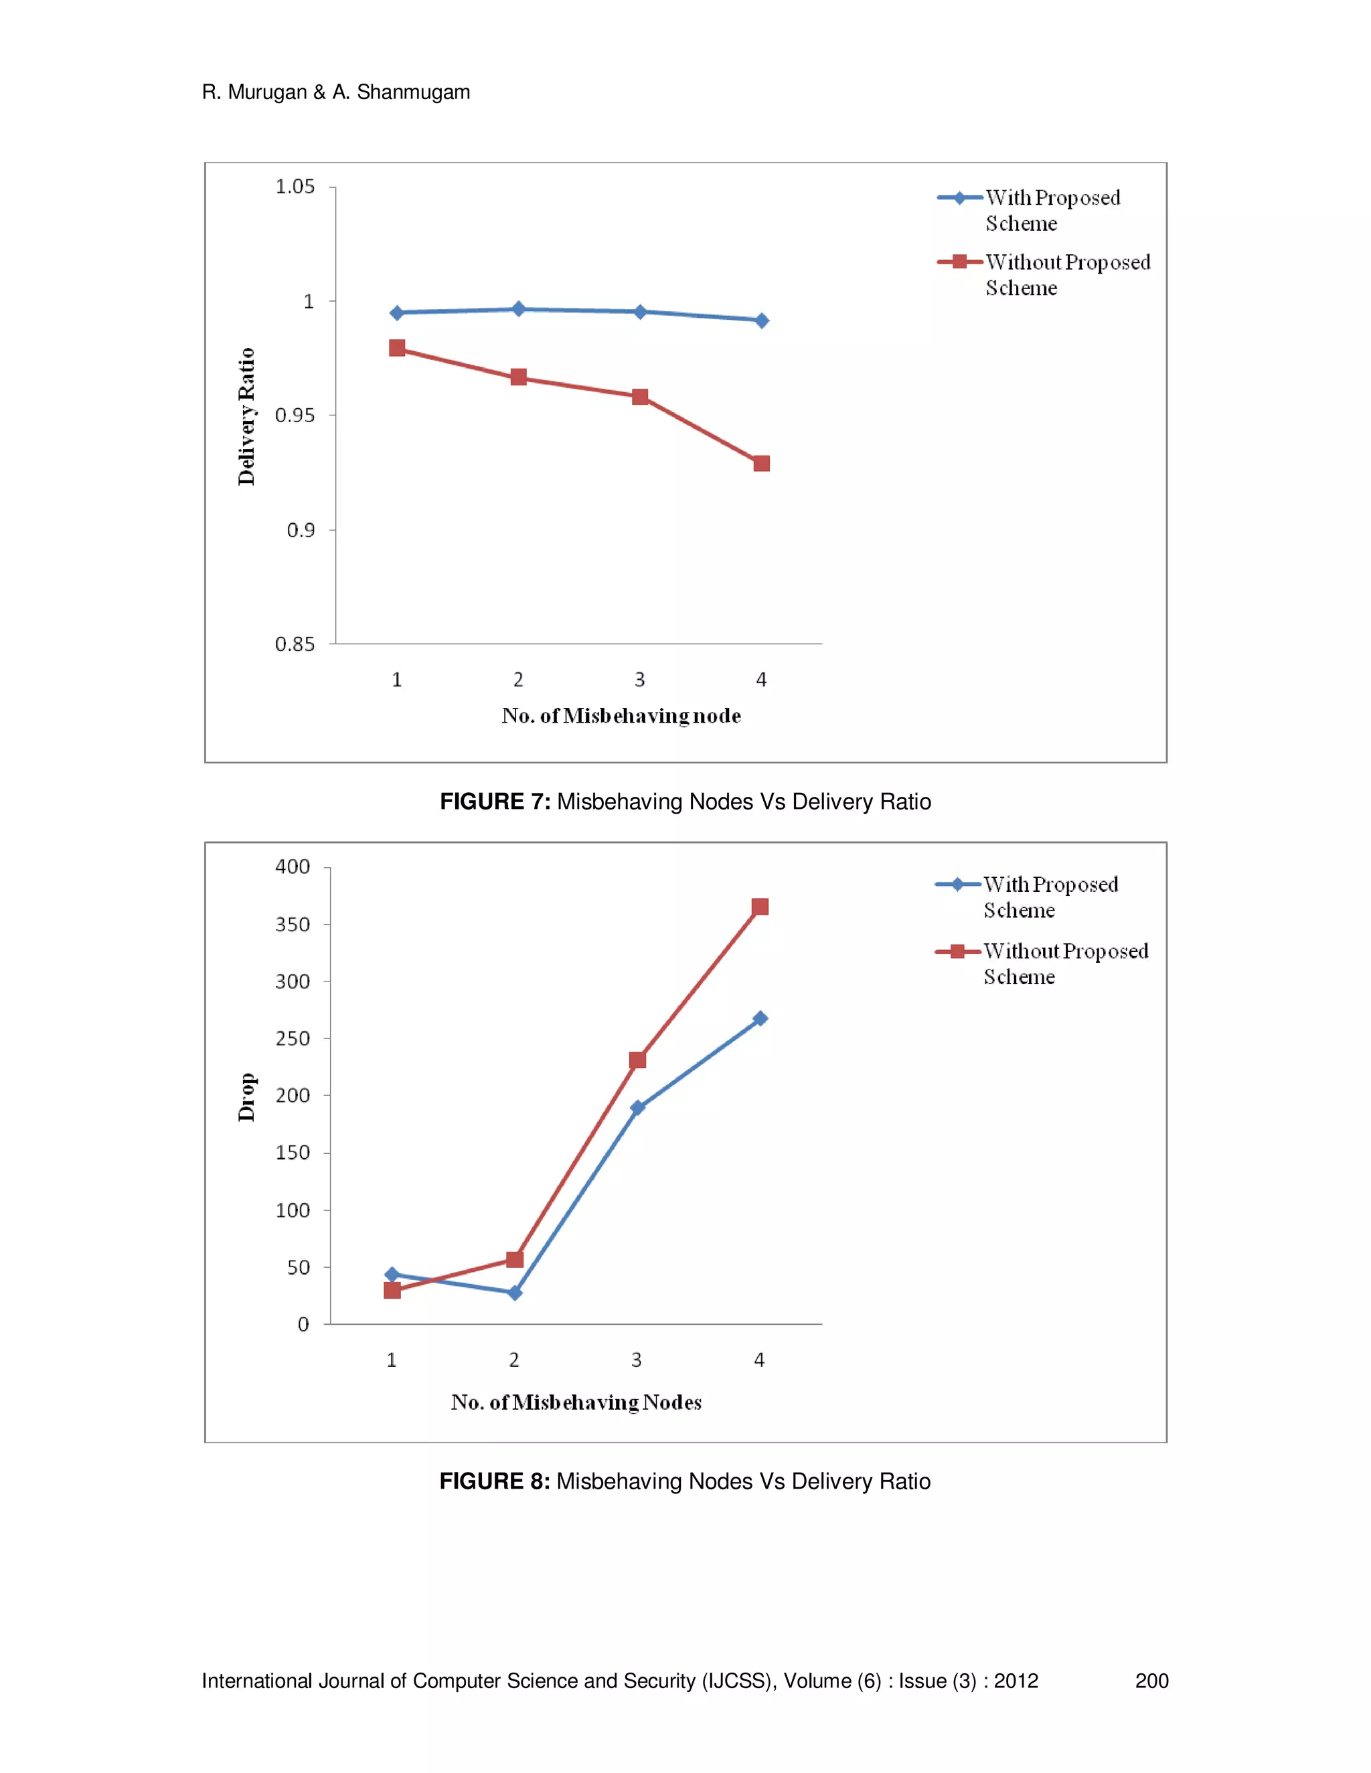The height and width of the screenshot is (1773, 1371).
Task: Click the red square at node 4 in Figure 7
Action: pos(761,464)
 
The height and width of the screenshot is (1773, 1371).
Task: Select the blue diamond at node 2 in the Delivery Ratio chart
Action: pos(518,308)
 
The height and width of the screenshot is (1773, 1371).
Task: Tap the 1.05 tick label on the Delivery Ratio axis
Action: pos(295,187)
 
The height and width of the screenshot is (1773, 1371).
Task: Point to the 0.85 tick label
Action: pos(295,644)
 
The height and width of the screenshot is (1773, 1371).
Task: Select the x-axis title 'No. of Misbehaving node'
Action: pos(621,716)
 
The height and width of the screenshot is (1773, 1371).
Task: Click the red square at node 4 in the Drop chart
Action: pos(759,907)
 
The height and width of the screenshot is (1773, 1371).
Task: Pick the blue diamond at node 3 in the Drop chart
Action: pos(637,1107)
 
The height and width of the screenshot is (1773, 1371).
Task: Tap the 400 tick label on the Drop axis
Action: pos(293,867)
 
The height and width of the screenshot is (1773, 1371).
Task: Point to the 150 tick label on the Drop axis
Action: pos(293,1153)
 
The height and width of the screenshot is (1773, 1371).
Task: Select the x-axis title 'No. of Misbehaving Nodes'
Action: pos(576,1403)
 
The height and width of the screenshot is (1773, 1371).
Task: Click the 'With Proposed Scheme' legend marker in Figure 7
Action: pos(959,198)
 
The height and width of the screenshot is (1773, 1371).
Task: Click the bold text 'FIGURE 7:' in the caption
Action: pos(495,802)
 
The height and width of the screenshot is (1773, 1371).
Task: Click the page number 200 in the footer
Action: pos(1151,1681)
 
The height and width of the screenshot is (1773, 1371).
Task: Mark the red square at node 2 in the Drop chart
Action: pos(514,1259)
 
